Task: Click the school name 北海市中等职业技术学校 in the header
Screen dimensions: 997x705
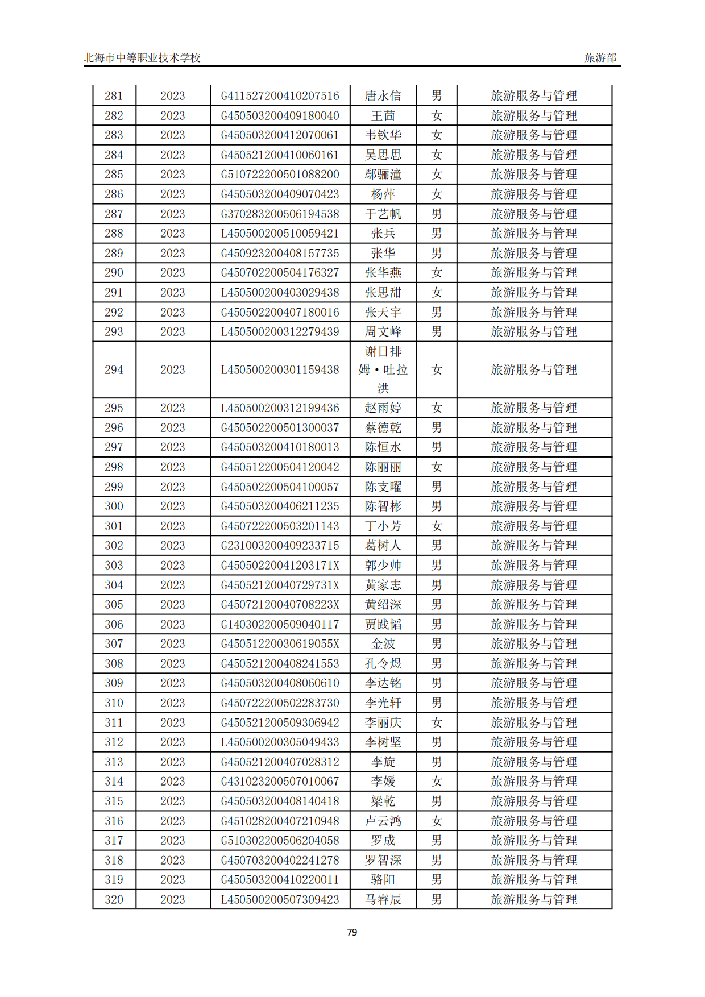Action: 142,57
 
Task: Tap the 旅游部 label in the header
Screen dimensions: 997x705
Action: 600,57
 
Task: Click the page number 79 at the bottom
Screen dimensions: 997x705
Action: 352,932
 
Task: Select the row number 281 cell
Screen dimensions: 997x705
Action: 114,96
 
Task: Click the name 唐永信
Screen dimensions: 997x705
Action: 383,96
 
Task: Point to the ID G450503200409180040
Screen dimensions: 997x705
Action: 280,116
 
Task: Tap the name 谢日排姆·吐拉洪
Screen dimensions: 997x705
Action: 383,370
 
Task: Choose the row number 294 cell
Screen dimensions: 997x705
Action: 114,370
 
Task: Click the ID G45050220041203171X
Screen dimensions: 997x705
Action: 280,566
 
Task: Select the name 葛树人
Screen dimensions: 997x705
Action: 383,546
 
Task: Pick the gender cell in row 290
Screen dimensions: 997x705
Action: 436,273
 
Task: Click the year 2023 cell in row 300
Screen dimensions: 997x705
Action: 172,506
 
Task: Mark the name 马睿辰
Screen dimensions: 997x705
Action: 383,900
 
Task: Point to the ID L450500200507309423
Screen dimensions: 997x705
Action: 280,900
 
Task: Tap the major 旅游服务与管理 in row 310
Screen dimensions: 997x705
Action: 534,703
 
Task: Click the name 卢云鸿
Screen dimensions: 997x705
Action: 383,821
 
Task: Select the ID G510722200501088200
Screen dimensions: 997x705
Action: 280,175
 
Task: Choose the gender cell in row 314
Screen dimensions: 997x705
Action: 436,782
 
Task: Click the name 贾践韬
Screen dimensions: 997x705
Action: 383,625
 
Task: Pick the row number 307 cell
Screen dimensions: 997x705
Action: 114,644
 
